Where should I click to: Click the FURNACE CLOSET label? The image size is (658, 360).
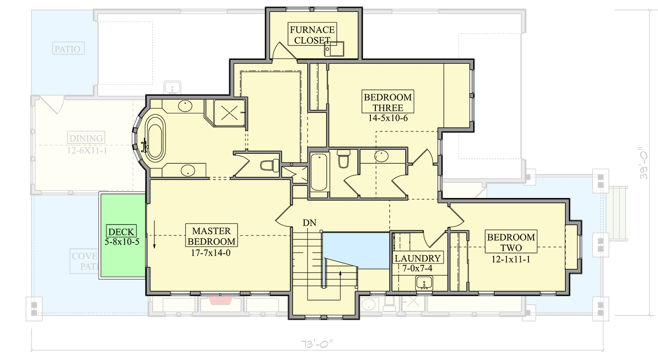312,35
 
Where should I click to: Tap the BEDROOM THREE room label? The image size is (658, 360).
388,102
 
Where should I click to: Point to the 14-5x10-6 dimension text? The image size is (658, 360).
388,118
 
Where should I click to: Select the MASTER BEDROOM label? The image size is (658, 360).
212,236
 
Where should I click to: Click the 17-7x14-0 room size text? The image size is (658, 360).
212,252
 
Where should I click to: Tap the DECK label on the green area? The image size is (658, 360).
121,232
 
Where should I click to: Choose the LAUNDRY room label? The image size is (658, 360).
418,258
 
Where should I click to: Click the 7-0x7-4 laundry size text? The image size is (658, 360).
418,268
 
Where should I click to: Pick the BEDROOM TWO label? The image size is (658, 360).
511,243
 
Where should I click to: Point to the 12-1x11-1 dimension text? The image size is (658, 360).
511,259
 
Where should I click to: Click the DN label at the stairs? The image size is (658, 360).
309,222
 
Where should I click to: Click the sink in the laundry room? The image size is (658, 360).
424,283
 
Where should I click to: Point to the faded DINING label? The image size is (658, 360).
86,138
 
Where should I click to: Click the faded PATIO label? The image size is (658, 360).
68,49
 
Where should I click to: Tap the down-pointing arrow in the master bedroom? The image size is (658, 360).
154,234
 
